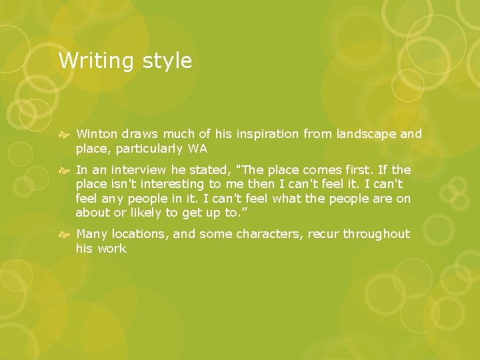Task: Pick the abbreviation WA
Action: (198, 149)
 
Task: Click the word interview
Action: (141, 170)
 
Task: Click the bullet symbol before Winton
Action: (65, 135)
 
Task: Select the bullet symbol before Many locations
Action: (65, 235)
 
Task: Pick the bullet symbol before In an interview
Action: (65, 171)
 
